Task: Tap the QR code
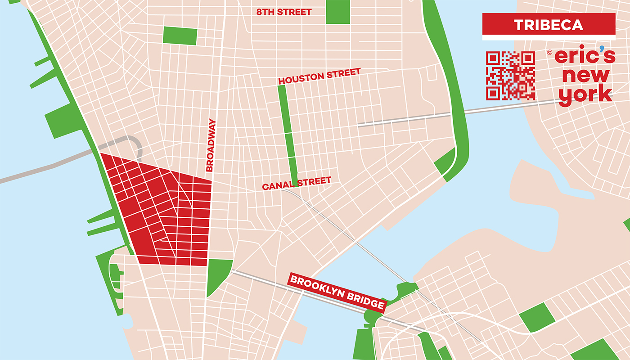(x=510, y=76)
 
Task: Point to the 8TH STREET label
(x=283, y=12)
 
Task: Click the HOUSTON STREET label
(x=319, y=76)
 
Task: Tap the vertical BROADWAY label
(x=211, y=145)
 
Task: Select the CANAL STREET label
(x=297, y=184)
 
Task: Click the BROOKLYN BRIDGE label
(x=337, y=293)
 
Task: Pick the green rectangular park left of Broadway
(x=180, y=36)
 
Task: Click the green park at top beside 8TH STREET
(x=337, y=12)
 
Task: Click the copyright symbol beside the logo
(x=549, y=52)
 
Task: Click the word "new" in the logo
(x=585, y=76)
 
